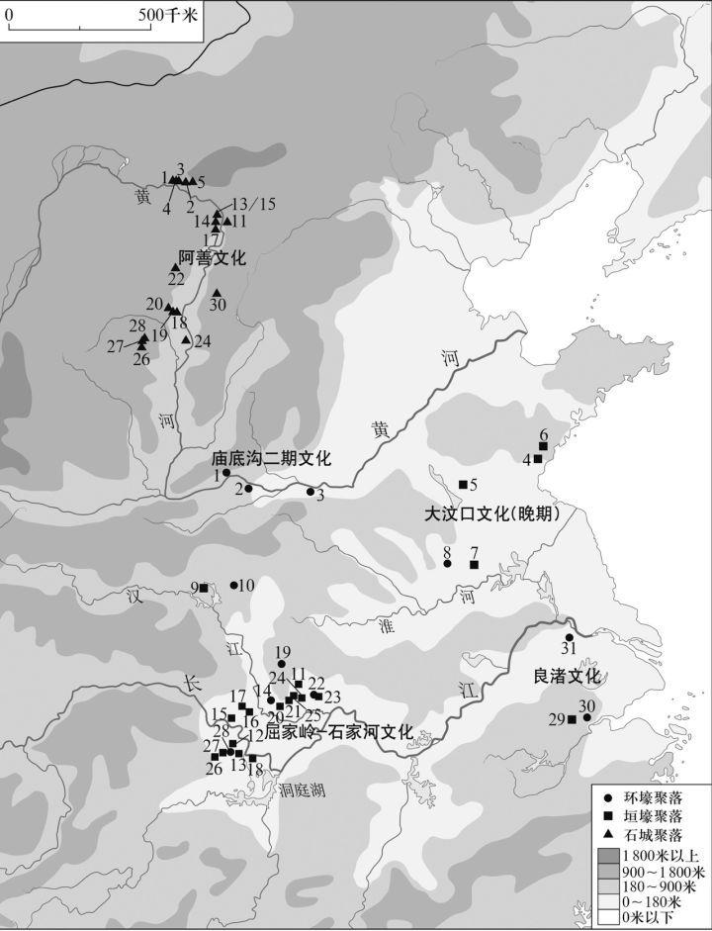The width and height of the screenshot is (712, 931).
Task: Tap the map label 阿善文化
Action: click(211, 257)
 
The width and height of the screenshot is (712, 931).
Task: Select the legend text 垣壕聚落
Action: click(652, 816)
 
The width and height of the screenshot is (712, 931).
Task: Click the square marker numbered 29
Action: click(572, 719)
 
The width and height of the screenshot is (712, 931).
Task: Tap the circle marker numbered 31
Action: click(569, 637)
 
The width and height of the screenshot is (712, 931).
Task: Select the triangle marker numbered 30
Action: click(217, 293)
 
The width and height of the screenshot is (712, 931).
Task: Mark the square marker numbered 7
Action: click(474, 564)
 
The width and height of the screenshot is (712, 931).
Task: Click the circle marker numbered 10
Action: click(234, 585)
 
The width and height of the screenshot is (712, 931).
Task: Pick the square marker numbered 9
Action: click(204, 589)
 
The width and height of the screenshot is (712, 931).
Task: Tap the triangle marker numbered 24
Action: click(186, 340)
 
